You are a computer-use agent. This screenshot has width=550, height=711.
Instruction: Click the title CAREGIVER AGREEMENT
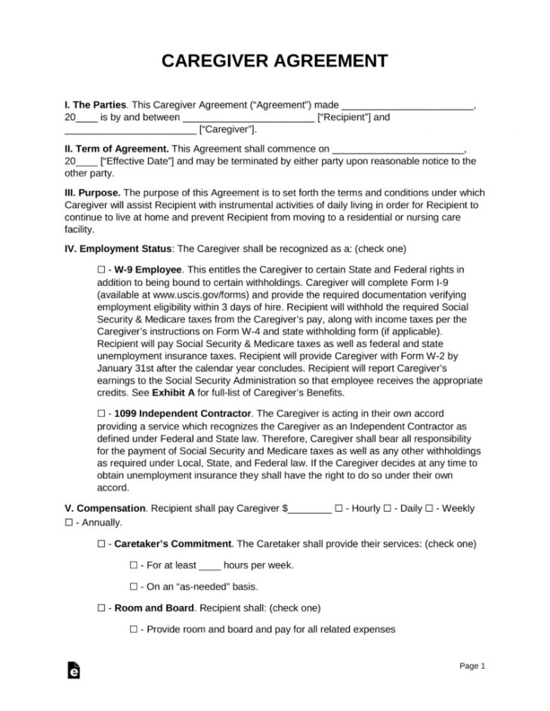click(x=274, y=61)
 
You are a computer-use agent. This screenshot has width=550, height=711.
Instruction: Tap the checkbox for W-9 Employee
click(x=102, y=269)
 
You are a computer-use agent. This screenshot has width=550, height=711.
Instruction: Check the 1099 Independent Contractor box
click(x=102, y=414)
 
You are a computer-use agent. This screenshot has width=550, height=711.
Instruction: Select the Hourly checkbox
click(x=338, y=509)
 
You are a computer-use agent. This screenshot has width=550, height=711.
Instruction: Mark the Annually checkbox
click(x=69, y=522)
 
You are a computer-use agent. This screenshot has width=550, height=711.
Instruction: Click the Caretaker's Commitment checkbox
click(x=102, y=543)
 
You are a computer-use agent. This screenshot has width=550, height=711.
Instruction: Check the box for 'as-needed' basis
click(x=134, y=586)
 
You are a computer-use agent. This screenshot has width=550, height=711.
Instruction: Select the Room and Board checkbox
click(x=102, y=608)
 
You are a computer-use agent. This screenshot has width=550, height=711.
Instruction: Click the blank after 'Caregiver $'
click(x=310, y=509)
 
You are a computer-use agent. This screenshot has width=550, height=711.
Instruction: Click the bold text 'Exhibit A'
click(x=178, y=392)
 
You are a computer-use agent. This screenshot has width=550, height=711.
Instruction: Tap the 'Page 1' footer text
click(x=472, y=666)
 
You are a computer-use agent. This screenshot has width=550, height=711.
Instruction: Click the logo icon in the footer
click(x=73, y=669)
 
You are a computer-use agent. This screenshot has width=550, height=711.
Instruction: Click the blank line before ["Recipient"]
click(x=248, y=119)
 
